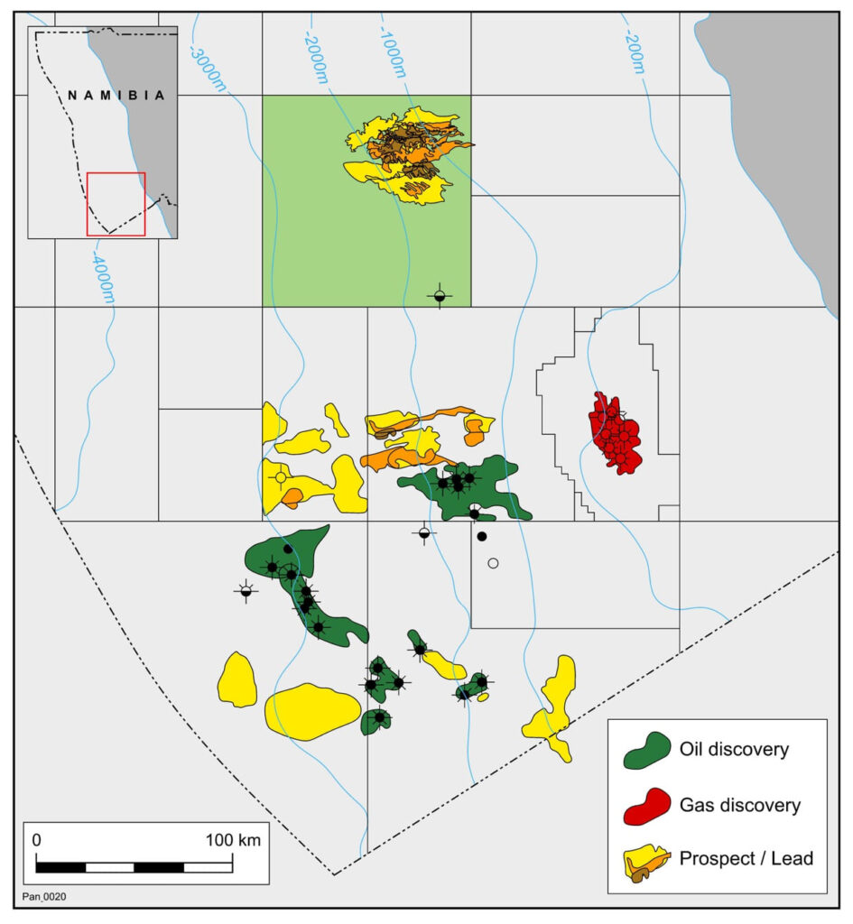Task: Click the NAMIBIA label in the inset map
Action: (117, 95)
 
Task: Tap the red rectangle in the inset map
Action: (116, 204)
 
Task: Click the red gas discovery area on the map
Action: (616, 433)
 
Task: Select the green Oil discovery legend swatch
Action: (648, 750)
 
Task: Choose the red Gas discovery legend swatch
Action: (648, 804)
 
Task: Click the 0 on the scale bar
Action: (37, 840)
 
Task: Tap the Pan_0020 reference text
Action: (43, 896)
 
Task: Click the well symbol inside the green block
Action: (440, 295)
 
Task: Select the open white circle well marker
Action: (493, 563)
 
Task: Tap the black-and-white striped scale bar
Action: (134, 867)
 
